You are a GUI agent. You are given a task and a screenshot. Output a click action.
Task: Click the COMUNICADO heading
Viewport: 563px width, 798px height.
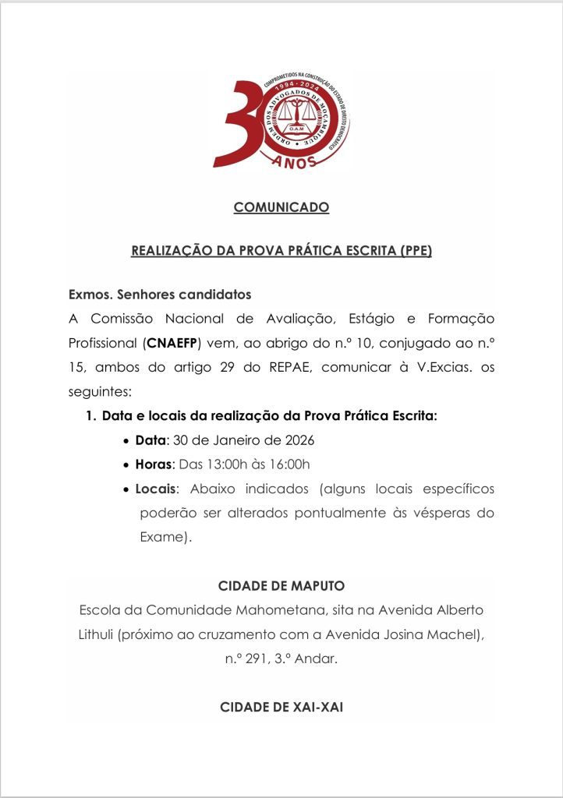click(281, 207)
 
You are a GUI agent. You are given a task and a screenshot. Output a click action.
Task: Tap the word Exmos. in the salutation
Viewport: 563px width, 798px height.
click(89, 295)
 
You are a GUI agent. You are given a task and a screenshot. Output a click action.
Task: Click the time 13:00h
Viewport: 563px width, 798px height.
click(222, 465)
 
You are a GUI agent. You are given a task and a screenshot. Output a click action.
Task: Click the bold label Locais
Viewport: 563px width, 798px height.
click(156, 489)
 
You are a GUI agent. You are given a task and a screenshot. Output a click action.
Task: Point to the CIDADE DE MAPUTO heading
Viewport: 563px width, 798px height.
click(281, 585)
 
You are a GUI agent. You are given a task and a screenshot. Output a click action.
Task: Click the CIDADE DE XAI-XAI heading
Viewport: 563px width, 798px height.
click(281, 708)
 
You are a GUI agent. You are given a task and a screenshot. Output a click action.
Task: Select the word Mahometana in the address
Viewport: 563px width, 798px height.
click(269, 609)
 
